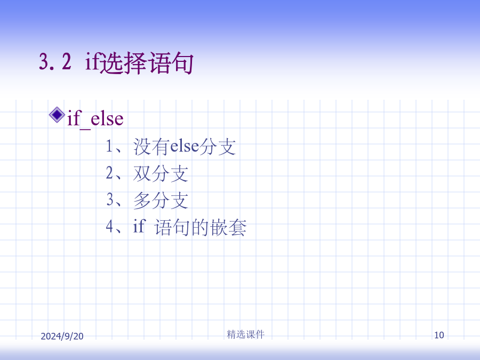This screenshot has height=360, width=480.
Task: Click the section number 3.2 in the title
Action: [x=55, y=61]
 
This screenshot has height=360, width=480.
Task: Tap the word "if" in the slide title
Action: [x=92, y=61]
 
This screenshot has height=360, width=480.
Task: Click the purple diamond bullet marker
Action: [x=57, y=115]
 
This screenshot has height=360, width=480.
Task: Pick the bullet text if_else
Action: [x=95, y=118]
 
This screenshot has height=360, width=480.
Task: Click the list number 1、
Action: [x=114, y=146]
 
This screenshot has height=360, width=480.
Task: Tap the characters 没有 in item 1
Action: [x=151, y=146]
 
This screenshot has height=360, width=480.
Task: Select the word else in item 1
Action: [x=185, y=146]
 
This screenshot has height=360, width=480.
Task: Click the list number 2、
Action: [x=114, y=173]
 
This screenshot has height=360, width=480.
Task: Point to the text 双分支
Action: [x=161, y=173]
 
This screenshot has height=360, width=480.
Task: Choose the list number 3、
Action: [x=114, y=200]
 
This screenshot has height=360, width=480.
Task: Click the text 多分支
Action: [x=161, y=200]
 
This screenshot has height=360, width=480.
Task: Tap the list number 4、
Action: [x=114, y=227]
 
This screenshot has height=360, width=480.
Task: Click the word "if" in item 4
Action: [x=139, y=226]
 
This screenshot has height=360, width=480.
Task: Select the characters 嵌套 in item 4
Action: [x=228, y=227]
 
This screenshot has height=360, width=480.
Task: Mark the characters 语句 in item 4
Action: [x=173, y=227]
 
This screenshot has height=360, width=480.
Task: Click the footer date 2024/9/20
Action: [x=62, y=336]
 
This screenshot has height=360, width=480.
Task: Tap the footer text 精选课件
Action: [x=245, y=334]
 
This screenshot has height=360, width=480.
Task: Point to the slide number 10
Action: [x=439, y=335]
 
